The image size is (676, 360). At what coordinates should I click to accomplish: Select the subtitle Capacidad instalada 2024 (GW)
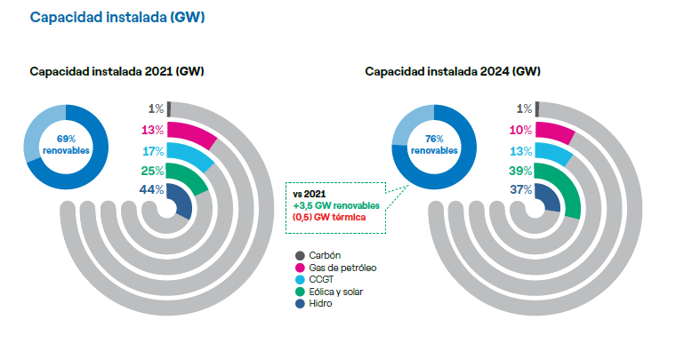pos(453,71)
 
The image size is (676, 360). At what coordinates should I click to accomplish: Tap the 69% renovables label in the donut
pos(66,145)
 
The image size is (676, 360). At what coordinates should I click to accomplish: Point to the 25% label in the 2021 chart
pos(151,171)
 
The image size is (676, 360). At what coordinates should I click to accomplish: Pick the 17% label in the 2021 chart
pos(151,150)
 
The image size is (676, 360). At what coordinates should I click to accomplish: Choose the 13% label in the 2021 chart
pos(151,130)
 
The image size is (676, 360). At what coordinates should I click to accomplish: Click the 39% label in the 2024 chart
pos(520,171)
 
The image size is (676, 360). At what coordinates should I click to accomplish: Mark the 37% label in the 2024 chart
pos(520,190)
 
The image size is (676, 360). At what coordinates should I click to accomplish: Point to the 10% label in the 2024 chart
pos(520,130)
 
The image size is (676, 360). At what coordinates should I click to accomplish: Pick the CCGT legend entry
pos(323,279)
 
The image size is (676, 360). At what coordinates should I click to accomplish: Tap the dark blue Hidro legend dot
pos(300,303)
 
